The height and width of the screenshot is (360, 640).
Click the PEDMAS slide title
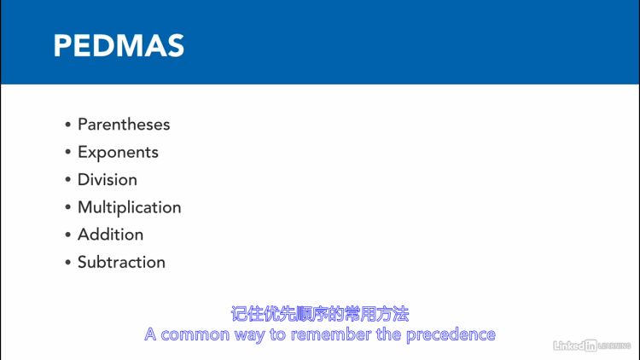point(119,45)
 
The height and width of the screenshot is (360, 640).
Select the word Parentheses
point(124,125)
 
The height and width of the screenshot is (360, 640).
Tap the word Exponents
point(118,153)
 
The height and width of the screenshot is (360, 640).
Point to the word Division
point(108,180)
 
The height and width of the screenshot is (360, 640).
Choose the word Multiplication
point(130,207)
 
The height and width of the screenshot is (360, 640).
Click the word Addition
point(111,235)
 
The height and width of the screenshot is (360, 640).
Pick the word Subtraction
point(122,262)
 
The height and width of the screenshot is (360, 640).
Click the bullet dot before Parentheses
point(67,125)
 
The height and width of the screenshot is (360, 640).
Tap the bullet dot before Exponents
point(67,152)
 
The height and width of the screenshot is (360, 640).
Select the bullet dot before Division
point(67,180)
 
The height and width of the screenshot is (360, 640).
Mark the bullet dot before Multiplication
point(67,207)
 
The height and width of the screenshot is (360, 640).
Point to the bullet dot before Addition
point(67,235)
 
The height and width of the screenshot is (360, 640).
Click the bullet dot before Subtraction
point(67,262)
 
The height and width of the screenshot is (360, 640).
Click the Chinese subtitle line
point(320,314)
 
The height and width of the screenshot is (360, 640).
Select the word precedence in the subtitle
point(451,335)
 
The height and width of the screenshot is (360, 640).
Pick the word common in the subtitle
point(195,334)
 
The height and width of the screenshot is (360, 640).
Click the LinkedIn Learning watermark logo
point(592,345)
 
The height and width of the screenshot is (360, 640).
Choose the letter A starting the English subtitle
point(150,334)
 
